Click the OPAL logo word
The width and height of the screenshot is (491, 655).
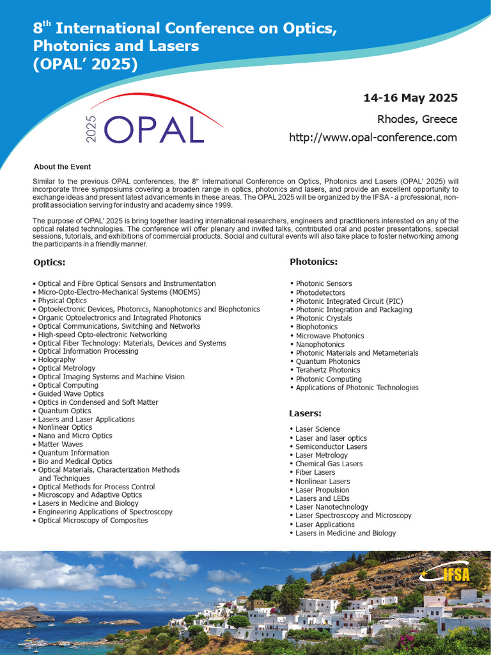(x=153, y=130)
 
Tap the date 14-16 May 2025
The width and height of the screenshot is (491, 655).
(x=410, y=98)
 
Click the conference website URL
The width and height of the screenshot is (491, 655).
(x=373, y=138)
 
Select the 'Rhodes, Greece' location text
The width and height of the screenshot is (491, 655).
(x=417, y=119)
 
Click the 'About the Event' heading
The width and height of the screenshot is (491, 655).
(x=62, y=167)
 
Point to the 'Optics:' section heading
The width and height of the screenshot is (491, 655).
(x=49, y=262)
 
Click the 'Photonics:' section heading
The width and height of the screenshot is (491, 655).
(x=313, y=262)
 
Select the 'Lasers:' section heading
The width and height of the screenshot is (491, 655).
(x=305, y=413)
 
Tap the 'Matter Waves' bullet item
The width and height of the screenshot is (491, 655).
(x=60, y=444)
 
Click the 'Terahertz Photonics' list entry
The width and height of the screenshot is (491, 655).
(x=327, y=370)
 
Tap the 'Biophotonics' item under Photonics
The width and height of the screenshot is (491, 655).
(x=316, y=327)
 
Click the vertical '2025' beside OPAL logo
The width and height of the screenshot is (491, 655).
(x=91, y=129)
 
